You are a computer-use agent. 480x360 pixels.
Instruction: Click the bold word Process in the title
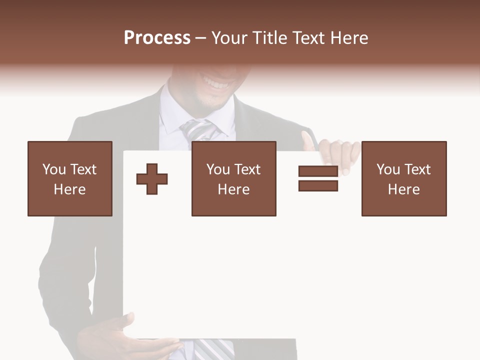click(157, 38)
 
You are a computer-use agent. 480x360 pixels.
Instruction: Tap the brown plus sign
click(152, 179)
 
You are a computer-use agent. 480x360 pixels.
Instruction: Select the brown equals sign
click(318, 178)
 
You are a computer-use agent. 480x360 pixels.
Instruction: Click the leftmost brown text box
click(69, 178)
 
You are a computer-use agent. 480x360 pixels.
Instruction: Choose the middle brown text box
click(233, 178)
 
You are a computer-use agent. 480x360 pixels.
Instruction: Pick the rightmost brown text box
click(403, 178)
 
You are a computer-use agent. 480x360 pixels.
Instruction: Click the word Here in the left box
click(69, 189)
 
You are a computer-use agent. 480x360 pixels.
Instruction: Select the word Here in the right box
click(403, 189)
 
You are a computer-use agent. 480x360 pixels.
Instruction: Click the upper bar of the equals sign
click(318, 171)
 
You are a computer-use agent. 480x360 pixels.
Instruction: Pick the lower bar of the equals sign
click(318, 186)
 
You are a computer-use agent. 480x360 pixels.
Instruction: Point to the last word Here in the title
click(350, 38)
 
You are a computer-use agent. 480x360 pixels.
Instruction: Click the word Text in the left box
click(83, 169)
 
